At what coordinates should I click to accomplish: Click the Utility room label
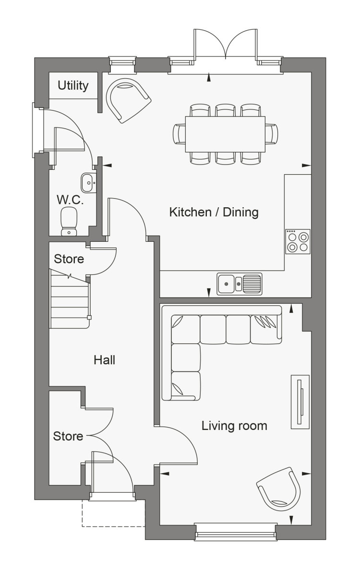73,85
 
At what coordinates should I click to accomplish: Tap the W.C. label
70,200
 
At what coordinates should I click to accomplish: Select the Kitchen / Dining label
214,212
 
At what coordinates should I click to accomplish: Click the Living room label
234,425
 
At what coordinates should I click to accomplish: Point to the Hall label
104,360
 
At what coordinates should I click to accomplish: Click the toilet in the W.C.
69,221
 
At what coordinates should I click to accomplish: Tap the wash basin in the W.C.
88,183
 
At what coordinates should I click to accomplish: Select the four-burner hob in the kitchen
298,241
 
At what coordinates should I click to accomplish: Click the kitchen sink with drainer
240,284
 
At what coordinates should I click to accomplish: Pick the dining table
225,134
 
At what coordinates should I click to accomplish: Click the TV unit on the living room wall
300,402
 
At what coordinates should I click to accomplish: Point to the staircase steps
70,298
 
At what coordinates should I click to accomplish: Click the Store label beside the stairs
69,259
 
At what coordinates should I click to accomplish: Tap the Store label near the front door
68,436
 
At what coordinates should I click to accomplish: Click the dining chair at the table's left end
179,134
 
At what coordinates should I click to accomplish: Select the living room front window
235,532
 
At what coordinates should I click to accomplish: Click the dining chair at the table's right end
272,134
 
